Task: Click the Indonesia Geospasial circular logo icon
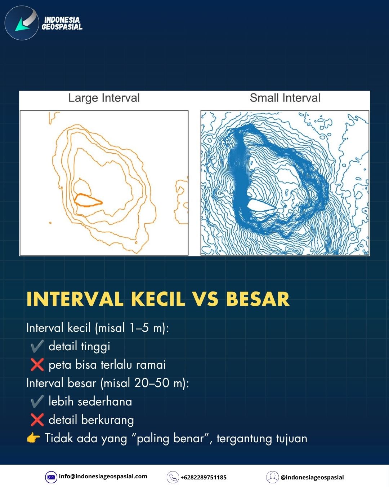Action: point(22,23)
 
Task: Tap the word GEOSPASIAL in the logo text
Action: point(62,27)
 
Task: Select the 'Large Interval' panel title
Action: point(104,98)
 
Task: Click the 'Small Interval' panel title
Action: point(285,98)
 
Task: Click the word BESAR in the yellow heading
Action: point(258,299)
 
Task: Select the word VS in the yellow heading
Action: point(206,299)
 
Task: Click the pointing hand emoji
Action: point(33,438)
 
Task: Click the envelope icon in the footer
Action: point(51,477)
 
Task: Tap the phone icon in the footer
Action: point(173,477)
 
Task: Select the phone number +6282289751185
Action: point(204,478)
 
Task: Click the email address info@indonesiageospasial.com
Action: point(103,477)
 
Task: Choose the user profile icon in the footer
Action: point(272,477)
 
